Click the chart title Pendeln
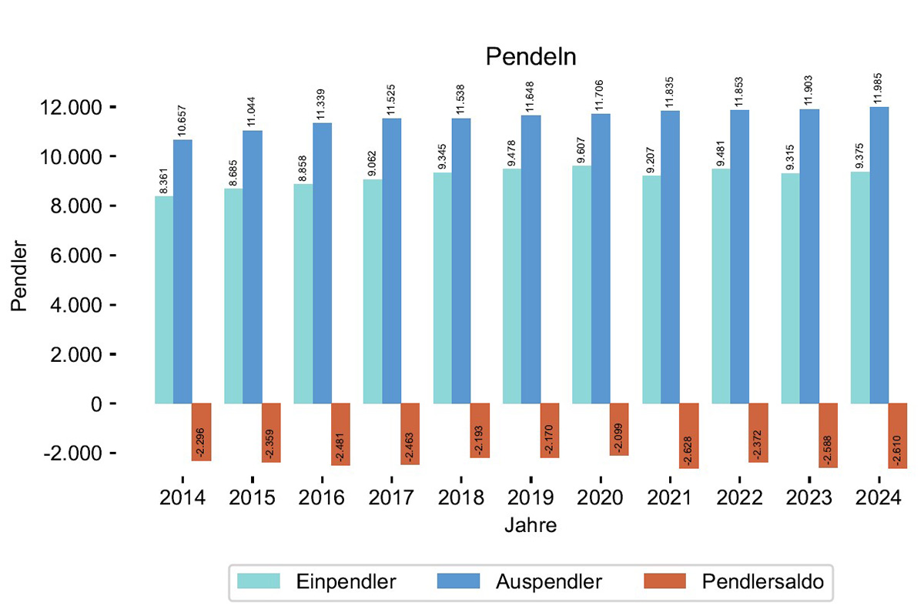click(531, 57)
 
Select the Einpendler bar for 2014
click(164, 300)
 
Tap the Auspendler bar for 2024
click(879, 255)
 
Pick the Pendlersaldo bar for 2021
click(689, 435)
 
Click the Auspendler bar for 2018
click(461, 261)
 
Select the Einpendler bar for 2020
click(581, 285)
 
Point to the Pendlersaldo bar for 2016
click(341, 434)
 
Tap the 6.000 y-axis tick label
click(74, 256)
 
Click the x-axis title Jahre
click(531, 526)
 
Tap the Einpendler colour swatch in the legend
click(259, 581)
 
